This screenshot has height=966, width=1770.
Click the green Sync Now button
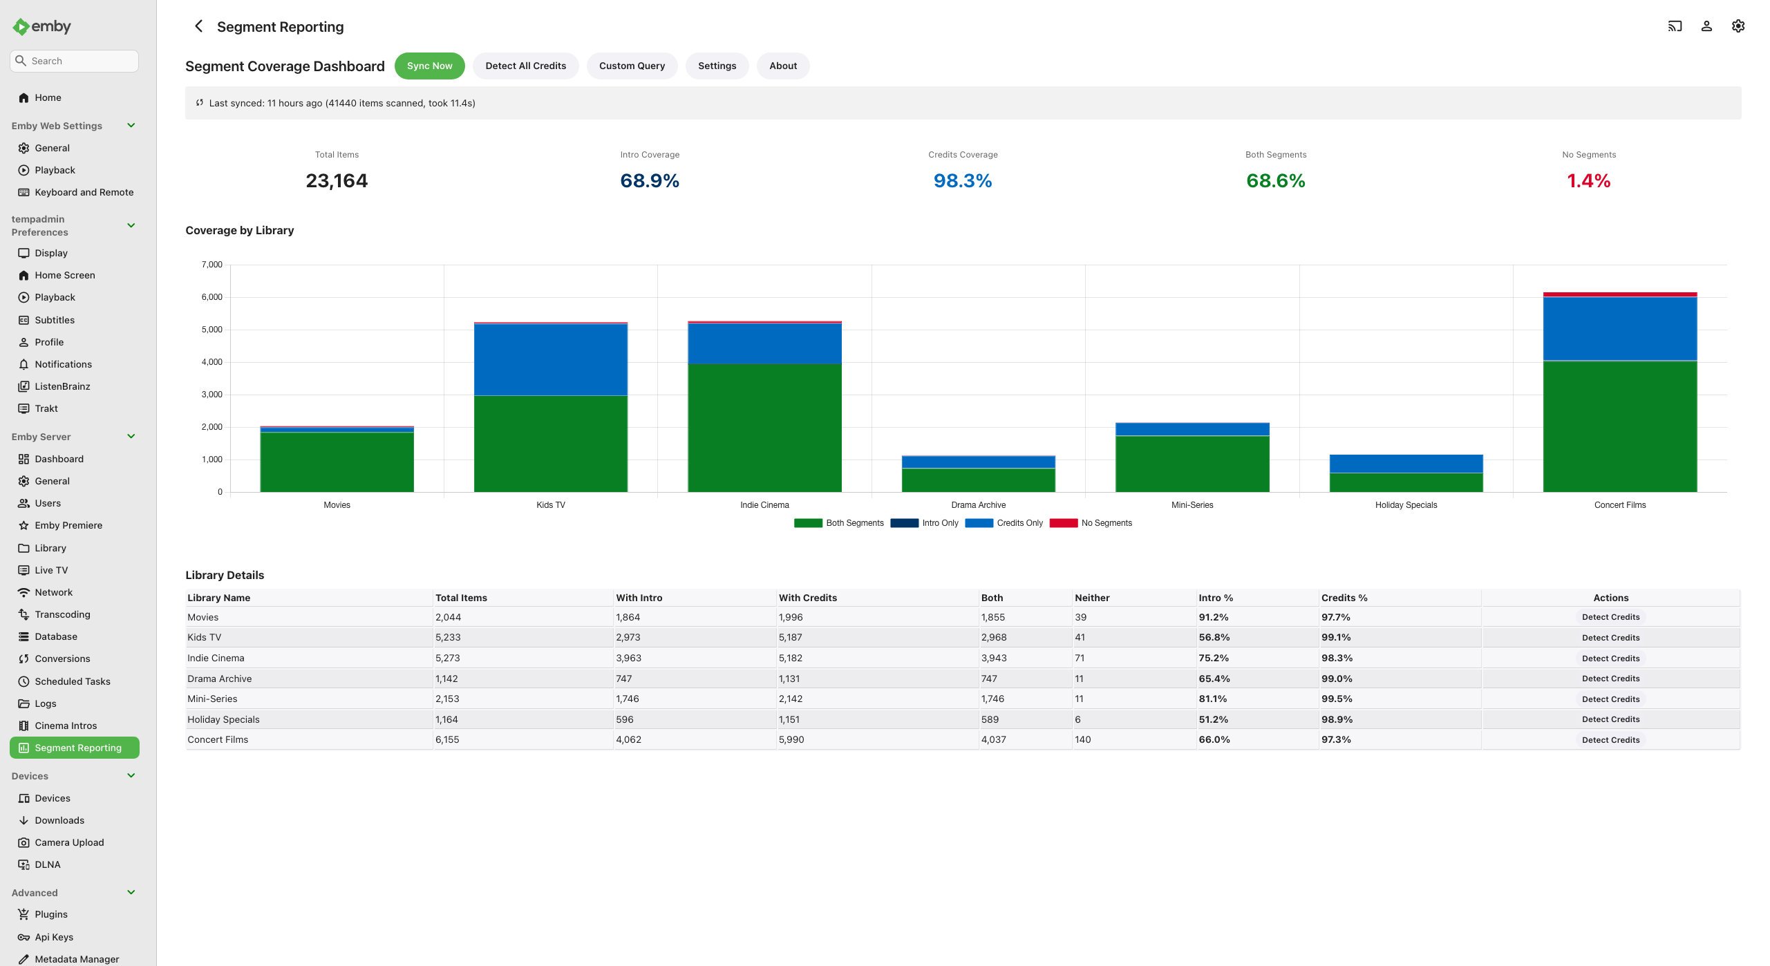click(429, 66)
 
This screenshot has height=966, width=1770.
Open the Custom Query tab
click(632, 66)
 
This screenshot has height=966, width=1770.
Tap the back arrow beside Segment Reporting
click(198, 26)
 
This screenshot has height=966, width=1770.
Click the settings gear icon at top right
click(1738, 26)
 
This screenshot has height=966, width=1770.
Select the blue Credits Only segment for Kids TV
click(551, 359)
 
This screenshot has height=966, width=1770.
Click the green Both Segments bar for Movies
click(337, 462)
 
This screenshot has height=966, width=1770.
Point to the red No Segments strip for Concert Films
click(1620, 294)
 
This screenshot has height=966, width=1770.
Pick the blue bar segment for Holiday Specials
click(1406, 464)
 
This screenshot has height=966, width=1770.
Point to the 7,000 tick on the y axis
click(212, 265)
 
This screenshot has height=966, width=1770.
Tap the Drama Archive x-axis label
click(978, 505)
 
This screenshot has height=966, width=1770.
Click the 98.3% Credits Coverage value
click(963, 181)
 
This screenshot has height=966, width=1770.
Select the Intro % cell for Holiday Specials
click(1213, 719)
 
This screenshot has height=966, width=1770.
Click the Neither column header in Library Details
click(1092, 598)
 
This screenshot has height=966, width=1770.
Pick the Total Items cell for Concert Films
click(447, 739)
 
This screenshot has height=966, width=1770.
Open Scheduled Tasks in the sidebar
click(73, 681)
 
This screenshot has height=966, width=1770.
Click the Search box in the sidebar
click(74, 61)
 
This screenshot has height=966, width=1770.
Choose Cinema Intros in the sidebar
click(66, 726)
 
